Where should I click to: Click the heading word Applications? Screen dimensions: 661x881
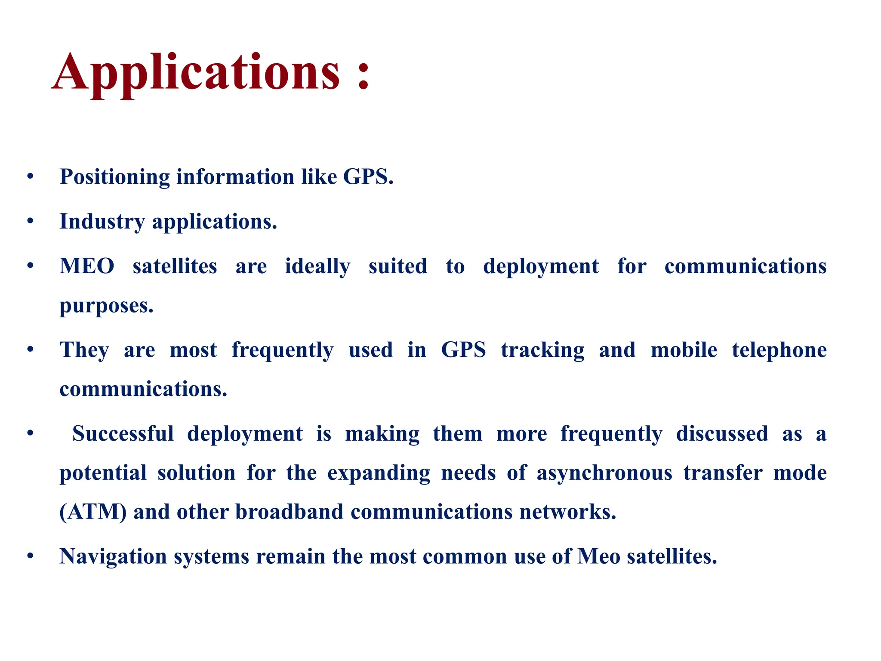coord(196,72)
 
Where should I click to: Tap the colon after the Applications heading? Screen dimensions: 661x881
coord(363,75)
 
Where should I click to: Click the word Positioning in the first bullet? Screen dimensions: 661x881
coord(115,177)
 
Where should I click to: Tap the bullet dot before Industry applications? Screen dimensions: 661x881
coord(30,222)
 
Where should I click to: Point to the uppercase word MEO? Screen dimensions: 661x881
coord(87,266)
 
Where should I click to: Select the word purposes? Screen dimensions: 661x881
coord(106,306)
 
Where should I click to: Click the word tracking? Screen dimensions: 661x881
coord(542,350)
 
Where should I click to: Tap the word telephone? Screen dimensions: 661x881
coord(779,350)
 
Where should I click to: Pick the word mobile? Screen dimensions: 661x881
coord(684,350)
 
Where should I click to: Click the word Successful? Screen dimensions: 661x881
coord(123,434)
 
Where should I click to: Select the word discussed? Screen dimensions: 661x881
coord(722,434)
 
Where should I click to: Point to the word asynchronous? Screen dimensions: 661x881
coord(604,473)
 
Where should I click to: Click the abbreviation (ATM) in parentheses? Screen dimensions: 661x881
coord(93,512)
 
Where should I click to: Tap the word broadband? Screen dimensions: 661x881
coord(289,512)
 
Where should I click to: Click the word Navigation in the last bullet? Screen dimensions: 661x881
coord(113,557)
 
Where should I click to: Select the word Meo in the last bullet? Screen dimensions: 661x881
coord(598,556)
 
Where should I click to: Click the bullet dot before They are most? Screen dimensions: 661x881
coord(30,349)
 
